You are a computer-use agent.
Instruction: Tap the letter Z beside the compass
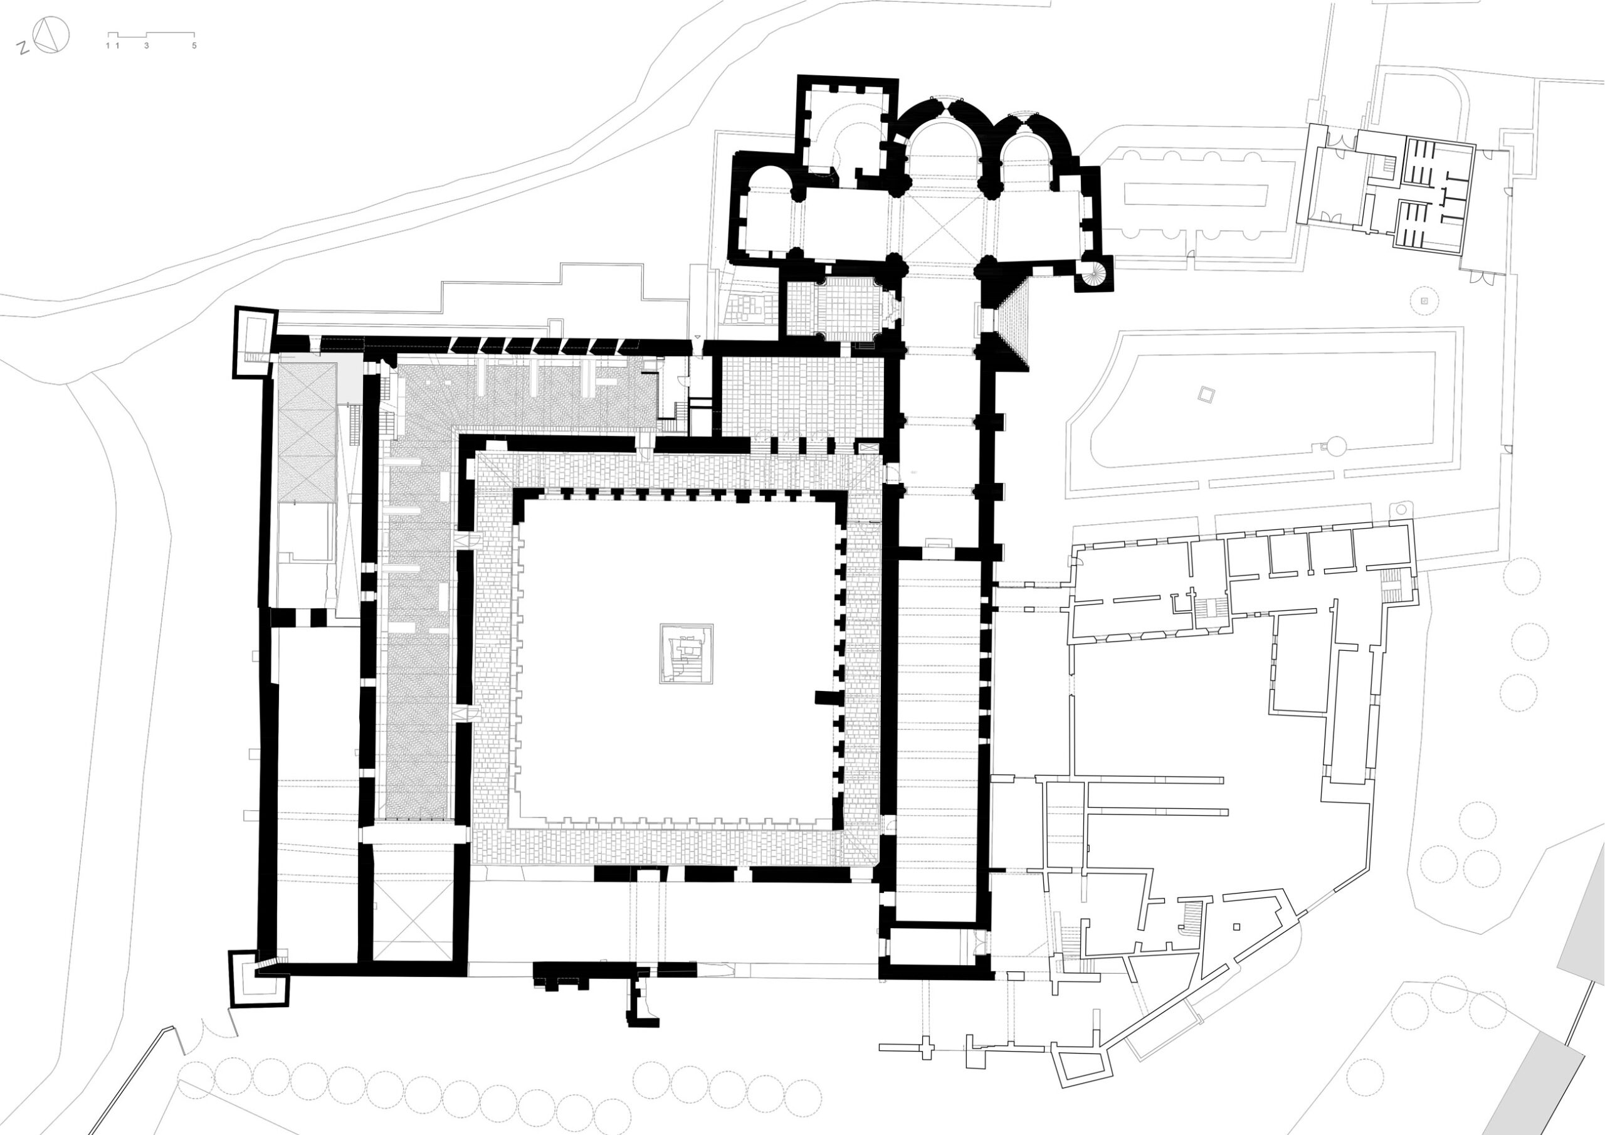(x=23, y=48)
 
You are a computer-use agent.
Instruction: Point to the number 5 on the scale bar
(x=194, y=45)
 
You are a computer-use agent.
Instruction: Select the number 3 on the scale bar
(x=146, y=45)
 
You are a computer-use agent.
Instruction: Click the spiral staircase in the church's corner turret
(x=1093, y=273)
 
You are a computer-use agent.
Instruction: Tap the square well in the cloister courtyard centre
(x=687, y=653)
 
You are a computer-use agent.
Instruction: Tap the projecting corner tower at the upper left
(x=254, y=342)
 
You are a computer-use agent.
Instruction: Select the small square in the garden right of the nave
(x=1205, y=395)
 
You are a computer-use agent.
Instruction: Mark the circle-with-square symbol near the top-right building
(x=1424, y=301)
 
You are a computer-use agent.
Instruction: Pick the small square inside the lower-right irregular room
(x=1236, y=927)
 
